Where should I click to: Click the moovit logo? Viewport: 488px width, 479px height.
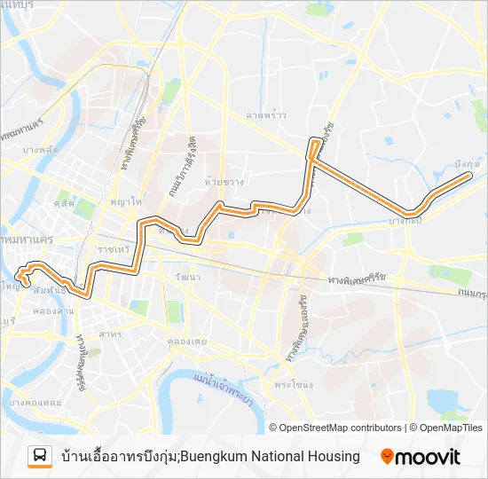coord(421,457)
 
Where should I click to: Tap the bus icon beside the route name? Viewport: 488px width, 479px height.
coord(40,456)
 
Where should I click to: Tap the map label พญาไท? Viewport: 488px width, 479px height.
coord(125,202)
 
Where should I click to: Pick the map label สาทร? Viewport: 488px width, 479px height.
coord(110,334)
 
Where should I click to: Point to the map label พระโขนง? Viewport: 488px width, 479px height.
coord(290,386)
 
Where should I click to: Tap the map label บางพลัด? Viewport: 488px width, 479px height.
coord(41,149)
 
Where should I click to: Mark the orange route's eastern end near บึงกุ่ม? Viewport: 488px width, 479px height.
coord(468,177)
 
